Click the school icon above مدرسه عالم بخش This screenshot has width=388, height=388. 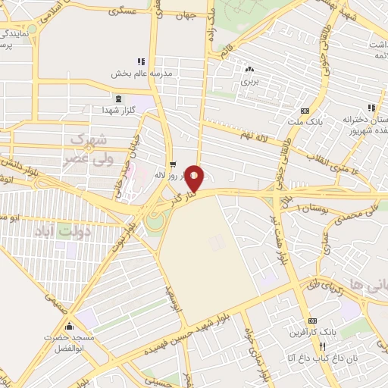tap(140, 61)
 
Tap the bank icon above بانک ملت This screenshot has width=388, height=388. tap(305, 110)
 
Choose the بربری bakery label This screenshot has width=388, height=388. tap(250, 79)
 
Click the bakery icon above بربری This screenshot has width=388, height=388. tap(250, 68)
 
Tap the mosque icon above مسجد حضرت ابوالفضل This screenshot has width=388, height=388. tap(70, 327)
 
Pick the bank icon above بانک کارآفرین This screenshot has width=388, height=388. tap(313, 321)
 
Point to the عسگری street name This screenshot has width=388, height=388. tap(123, 12)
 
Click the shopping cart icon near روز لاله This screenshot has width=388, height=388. tap(173, 163)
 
